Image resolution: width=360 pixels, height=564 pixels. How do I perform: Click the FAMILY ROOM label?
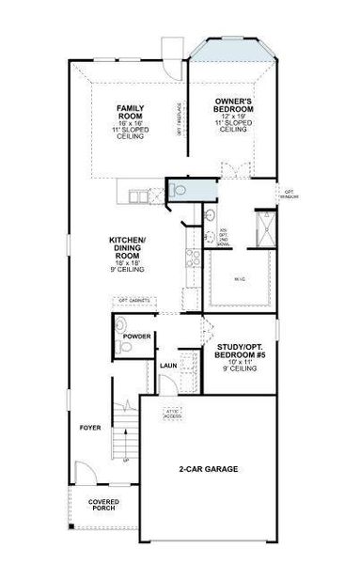coord(131,112)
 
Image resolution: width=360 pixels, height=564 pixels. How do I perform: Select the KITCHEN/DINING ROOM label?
coord(127,246)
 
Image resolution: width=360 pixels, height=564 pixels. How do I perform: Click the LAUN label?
coord(168,366)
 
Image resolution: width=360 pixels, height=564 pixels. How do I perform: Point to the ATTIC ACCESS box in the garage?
coord(173,413)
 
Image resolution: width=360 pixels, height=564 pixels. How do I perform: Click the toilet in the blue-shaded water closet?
coord(178,190)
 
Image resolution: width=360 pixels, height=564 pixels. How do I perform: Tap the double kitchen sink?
coord(140,196)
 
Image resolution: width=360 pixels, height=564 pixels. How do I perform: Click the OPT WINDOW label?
coord(290,195)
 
